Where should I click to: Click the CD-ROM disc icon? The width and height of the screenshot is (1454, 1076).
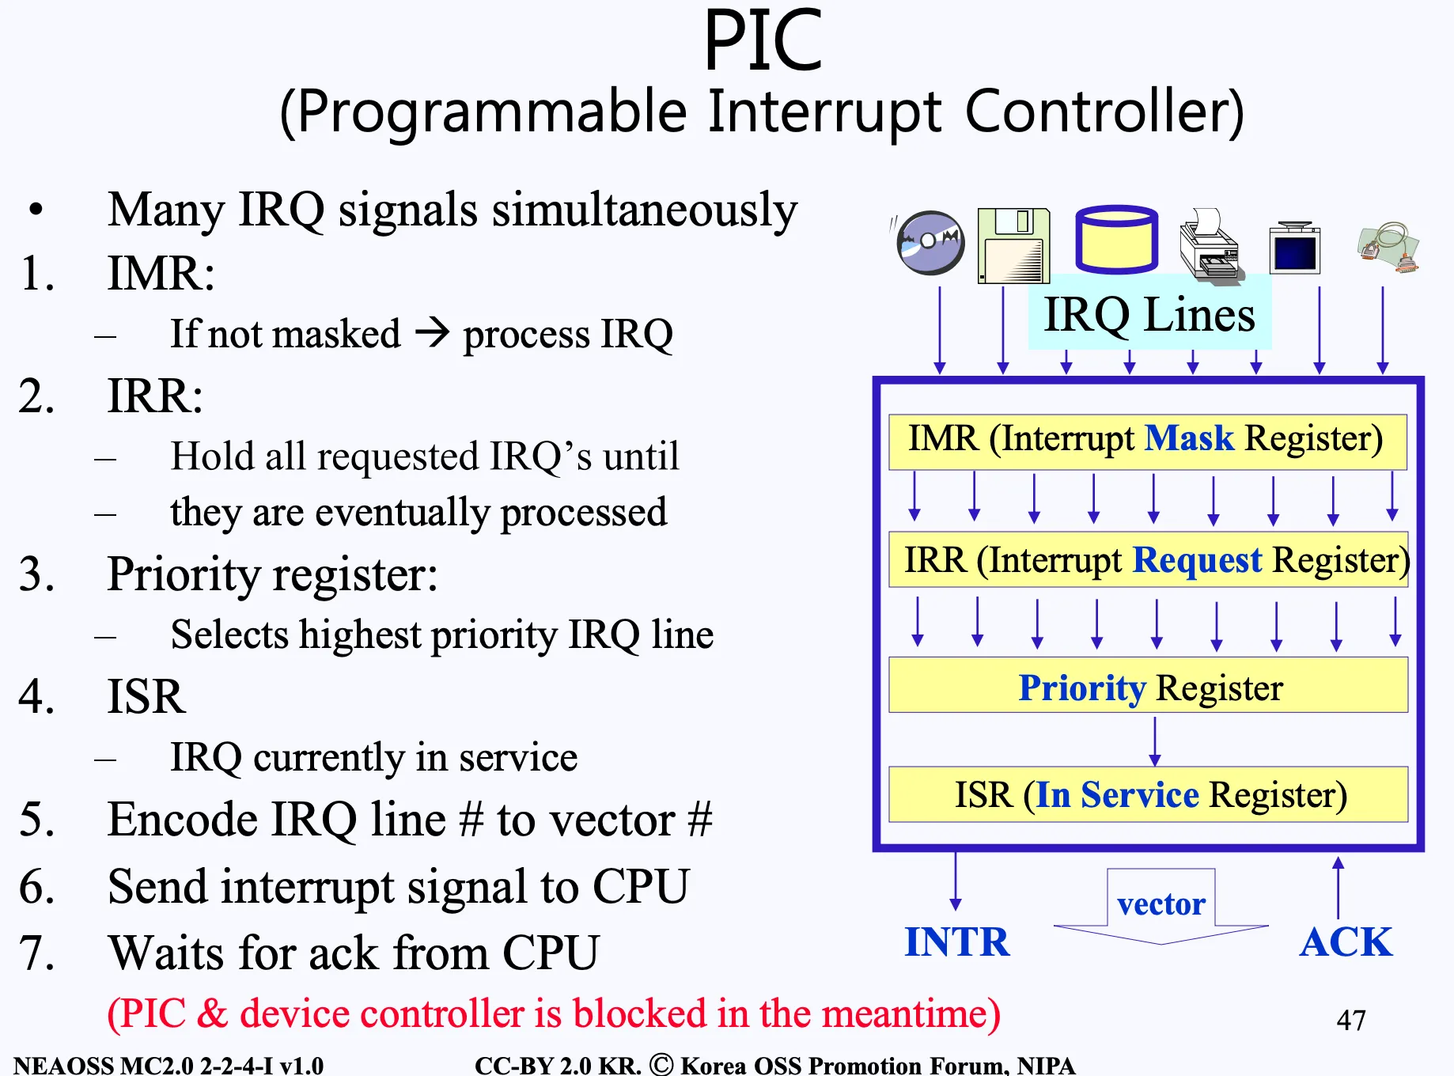pos(930,242)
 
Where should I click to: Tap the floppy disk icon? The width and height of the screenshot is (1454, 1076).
pos(1013,245)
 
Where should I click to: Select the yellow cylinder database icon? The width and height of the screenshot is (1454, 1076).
pos(1116,240)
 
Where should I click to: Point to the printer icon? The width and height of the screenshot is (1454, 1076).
pos(1209,245)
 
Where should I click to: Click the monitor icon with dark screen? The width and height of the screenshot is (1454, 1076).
pos(1294,248)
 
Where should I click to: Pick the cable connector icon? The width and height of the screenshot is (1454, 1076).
pos(1389,247)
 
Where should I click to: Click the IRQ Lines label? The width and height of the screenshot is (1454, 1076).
pos(1149,315)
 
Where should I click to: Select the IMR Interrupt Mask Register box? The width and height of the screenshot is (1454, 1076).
pos(1147,441)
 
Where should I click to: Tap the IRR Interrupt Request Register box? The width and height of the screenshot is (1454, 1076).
pos(1149,560)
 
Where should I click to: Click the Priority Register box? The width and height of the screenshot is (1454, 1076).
pos(1149,687)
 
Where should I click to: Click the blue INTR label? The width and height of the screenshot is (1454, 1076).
pos(956,942)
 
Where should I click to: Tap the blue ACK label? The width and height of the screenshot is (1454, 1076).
pos(1346,942)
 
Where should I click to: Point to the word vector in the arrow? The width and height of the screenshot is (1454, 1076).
pos(1161,904)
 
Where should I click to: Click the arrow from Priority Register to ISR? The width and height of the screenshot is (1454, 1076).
pos(1155,741)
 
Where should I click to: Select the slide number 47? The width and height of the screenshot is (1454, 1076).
pos(1350,1021)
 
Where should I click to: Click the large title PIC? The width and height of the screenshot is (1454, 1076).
pos(763,41)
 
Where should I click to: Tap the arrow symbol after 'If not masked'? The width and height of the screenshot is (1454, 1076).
pos(432,333)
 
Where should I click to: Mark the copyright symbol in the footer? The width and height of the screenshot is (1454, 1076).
pos(661,1064)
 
